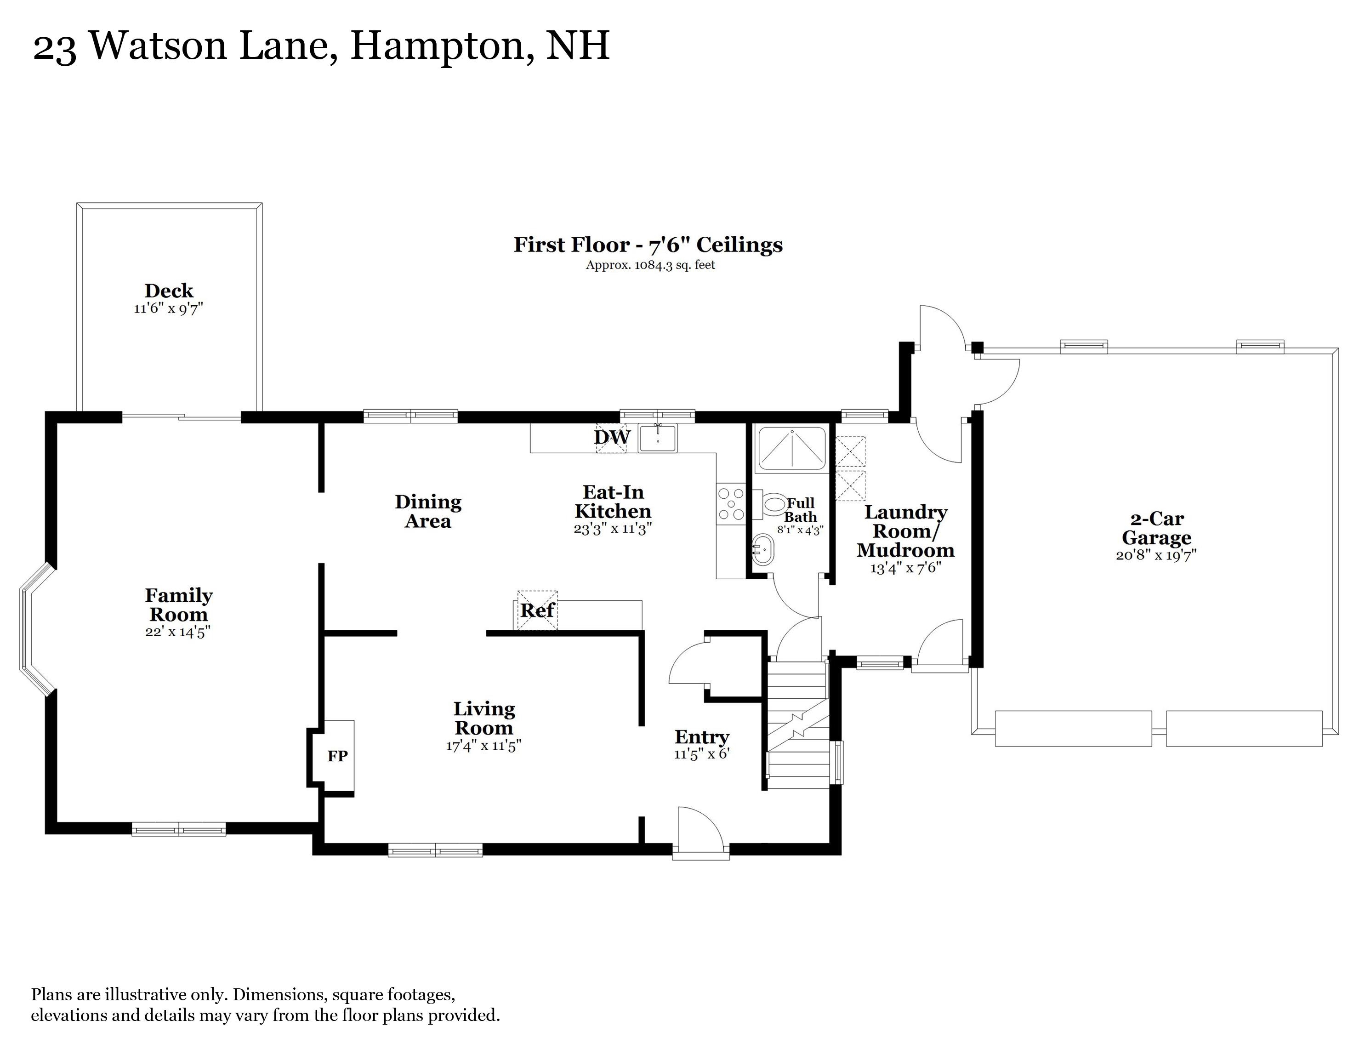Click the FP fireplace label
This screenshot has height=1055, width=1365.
pos(337,756)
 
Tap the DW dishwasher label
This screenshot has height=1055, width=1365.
pos(612,437)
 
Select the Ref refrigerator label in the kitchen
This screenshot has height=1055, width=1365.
pos(538,610)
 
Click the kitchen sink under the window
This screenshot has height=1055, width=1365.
pos(658,438)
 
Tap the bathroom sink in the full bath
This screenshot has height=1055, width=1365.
pos(762,550)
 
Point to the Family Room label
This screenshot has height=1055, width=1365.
pos(179,604)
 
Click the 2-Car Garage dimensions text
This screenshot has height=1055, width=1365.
pos(1156,555)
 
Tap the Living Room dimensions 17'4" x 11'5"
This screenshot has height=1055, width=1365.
pos(484,746)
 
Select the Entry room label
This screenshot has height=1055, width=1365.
pos(702,737)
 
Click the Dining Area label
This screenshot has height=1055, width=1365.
pos(428,511)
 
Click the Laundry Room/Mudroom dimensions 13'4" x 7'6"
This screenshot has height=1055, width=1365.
pos(905,568)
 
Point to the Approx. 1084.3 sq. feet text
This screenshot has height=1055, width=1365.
pos(650,265)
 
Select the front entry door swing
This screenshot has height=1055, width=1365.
pos(700,828)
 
